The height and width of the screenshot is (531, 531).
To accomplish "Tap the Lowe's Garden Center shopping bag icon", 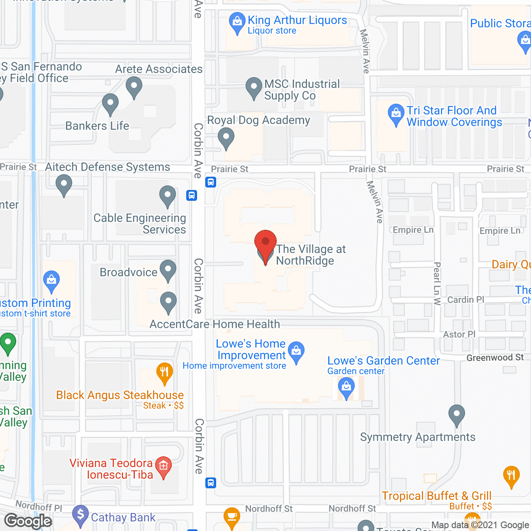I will pyautogui.click(x=346, y=387).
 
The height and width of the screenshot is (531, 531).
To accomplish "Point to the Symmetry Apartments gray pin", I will pyautogui.click(x=456, y=415).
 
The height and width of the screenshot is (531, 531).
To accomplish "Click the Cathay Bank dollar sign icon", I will pyautogui.click(x=80, y=515).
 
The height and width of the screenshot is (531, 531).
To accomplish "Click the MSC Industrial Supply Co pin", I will pyautogui.click(x=253, y=88).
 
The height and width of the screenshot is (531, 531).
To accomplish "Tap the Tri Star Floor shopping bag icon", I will pyautogui.click(x=396, y=114).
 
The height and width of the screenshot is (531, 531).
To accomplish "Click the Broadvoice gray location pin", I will pyautogui.click(x=168, y=270).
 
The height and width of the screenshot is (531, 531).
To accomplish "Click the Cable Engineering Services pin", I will pyautogui.click(x=168, y=196).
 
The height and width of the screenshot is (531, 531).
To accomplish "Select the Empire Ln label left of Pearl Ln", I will pyautogui.click(x=413, y=230).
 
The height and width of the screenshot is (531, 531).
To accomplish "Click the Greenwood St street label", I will pyautogui.click(x=495, y=358).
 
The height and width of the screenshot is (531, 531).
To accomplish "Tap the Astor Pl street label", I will pyautogui.click(x=459, y=334).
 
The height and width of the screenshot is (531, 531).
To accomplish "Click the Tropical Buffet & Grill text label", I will pyautogui.click(x=436, y=496).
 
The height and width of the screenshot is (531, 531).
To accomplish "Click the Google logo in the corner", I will pyautogui.click(x=28, y=521).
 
